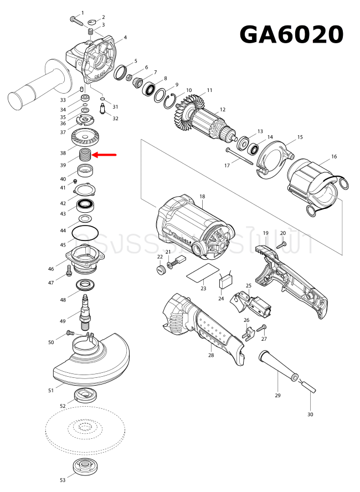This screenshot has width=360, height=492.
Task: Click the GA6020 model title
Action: pyautogui.click(x=291, y=34)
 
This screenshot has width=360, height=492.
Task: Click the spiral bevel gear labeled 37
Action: pyautogui.click(x=86, y=136)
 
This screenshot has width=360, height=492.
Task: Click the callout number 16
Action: pyautogui.click(x=334, y=157)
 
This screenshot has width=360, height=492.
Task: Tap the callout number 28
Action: pyautogui.click(x=211, y=355)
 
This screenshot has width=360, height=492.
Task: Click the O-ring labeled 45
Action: pyautogui.click(x=86, y=231)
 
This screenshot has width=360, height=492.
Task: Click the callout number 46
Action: pyautogui.click(x=51, y=269)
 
